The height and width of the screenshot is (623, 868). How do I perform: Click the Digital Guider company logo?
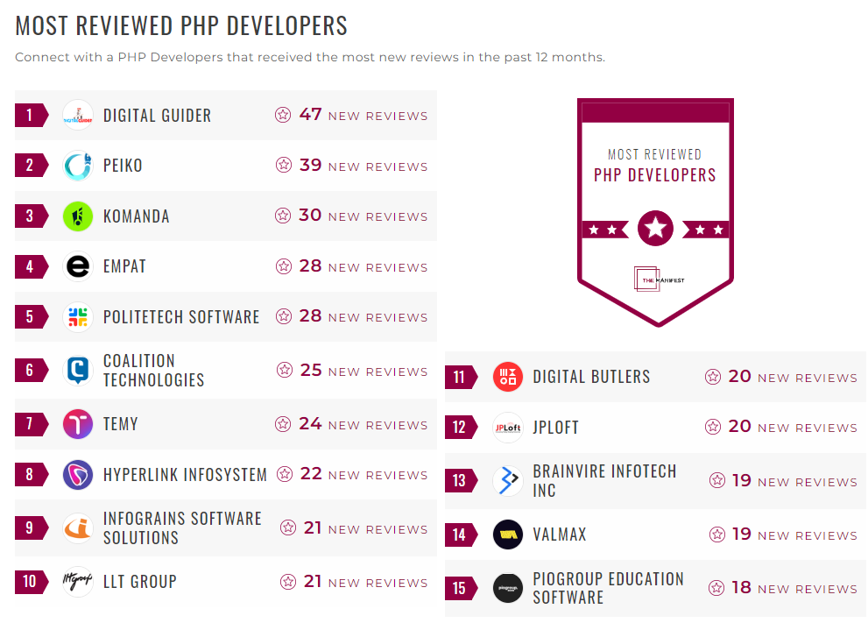coord(78,115)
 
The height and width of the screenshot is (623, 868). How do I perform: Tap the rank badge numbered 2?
coord(30,166)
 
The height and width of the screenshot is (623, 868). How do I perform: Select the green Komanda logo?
coord(78,216)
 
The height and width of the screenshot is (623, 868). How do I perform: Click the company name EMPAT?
coord(124,266)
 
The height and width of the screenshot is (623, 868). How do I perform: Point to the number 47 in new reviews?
coord(310,115)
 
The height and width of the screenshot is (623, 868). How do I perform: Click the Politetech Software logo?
coord(78,317)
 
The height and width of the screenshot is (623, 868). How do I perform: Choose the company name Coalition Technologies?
coord(153,371)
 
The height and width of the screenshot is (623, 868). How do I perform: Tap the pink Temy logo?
coord(78,424)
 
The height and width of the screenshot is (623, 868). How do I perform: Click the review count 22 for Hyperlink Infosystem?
coord(311,474)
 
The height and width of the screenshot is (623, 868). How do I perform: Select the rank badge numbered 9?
coord(30,527)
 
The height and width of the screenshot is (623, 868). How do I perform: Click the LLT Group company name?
coord(140,582)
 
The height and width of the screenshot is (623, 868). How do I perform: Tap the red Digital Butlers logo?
coord(508,377)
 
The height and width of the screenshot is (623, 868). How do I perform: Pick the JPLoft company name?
coord(555,428)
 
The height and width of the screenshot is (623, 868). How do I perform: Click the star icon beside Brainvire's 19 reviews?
coord(717,481)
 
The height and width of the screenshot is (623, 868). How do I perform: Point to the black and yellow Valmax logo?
coord(508,535)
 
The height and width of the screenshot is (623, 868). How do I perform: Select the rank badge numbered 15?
coord(460,588)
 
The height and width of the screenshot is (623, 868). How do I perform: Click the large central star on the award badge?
coord(655,229)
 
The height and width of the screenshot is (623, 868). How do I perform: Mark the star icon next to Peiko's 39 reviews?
coord(283,166)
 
